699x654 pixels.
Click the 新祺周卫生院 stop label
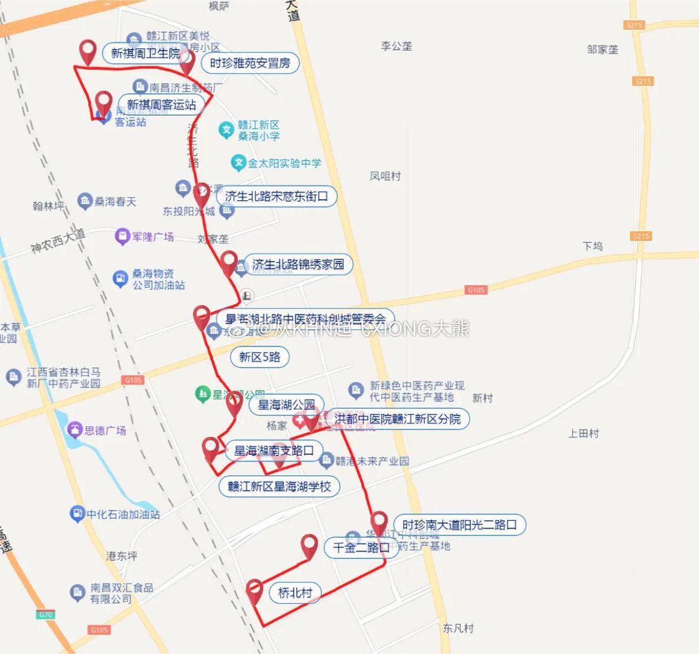pos(145,53)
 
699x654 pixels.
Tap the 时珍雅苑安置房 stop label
pos(250,63)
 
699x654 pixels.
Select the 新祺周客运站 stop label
pos(161,105)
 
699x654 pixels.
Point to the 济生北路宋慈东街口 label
pos(276,196)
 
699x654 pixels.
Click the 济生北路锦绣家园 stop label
pos(298,264)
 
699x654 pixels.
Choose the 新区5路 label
pos(260,357)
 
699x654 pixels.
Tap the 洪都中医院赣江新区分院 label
pos(397,419)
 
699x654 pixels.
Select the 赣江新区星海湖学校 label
pos(279,486)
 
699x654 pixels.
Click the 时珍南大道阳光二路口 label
pos(459,524)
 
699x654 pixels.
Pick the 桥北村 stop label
pos(295,593)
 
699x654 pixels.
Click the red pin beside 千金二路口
pos(309,547)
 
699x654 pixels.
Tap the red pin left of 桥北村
pos(254,591)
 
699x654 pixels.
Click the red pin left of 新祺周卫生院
pos(88,51)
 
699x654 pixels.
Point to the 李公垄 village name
pos(396,46)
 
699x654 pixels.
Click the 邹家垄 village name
pos(603,49)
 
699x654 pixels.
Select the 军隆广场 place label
pos(153,237)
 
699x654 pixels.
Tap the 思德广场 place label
pos(105,431)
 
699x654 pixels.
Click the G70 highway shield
pos(46,615)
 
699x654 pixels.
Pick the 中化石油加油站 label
pos(123,514)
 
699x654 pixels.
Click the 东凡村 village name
pos(458,628)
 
